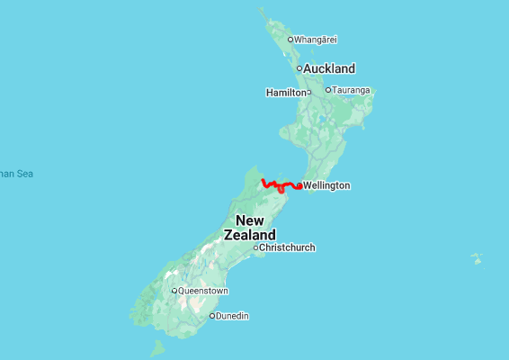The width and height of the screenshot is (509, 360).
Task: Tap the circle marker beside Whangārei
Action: [x=290, y=40]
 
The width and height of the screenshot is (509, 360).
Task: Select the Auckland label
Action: [x=329, y=68]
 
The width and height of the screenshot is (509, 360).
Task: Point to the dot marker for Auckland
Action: [x=299, y=68]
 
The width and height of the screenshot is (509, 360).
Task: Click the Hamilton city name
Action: [x=285, y=93]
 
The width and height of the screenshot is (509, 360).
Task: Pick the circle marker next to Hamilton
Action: [x=308, y=92]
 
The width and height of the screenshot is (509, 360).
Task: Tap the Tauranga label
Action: [x=352, y=90]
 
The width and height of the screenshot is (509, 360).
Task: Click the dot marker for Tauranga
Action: [x=328, y=90]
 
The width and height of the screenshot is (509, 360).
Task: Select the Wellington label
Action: [x=326, y=186]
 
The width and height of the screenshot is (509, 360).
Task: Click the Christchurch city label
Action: [x=287, y=247]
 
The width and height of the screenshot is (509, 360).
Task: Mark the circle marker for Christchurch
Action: [x=255, y=247]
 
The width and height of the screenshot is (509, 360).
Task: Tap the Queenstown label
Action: [x=203, y=291]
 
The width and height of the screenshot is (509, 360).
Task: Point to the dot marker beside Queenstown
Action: [x=174, y=291]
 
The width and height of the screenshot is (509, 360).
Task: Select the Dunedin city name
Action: [x=232, y=316]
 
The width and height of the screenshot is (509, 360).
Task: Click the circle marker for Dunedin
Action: [x=212, y=316]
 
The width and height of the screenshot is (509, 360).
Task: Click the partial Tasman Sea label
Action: [x=15, y=174]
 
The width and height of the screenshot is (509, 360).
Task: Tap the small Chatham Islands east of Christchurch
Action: [x=477, y=258]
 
